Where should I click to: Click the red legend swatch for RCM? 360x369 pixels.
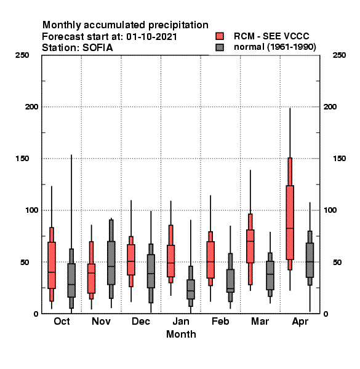(x=220, y=36)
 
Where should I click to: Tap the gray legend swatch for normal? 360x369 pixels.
(x=220, y=47)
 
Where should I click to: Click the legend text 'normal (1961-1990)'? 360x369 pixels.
(x=274, y=47)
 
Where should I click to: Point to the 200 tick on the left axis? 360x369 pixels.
(x=31, y=106)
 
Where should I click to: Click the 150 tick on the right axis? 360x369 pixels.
(x=339, y=159)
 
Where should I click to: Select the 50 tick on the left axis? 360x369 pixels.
(x=25, y=262)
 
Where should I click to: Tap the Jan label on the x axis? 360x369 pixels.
(x=181, y=321)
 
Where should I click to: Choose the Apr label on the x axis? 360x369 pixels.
(x=300, y=322)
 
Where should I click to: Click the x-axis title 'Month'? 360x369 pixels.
(x=181, y=334)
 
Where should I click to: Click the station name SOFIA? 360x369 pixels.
(x=97, y=48)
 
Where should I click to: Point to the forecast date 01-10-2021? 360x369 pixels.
(x=151, y=36)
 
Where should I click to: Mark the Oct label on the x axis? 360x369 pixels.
(x=62, y=321)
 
